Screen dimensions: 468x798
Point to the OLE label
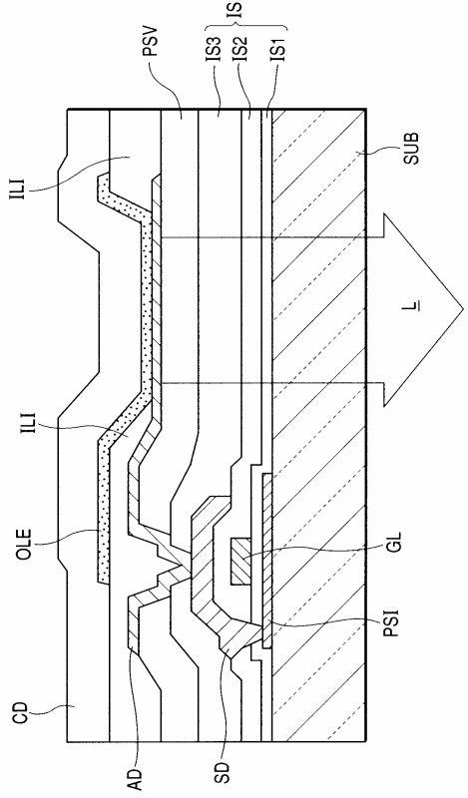click(24, 544)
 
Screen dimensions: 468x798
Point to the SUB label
click(411, 148)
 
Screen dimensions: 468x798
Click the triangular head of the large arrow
click(423, 308)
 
